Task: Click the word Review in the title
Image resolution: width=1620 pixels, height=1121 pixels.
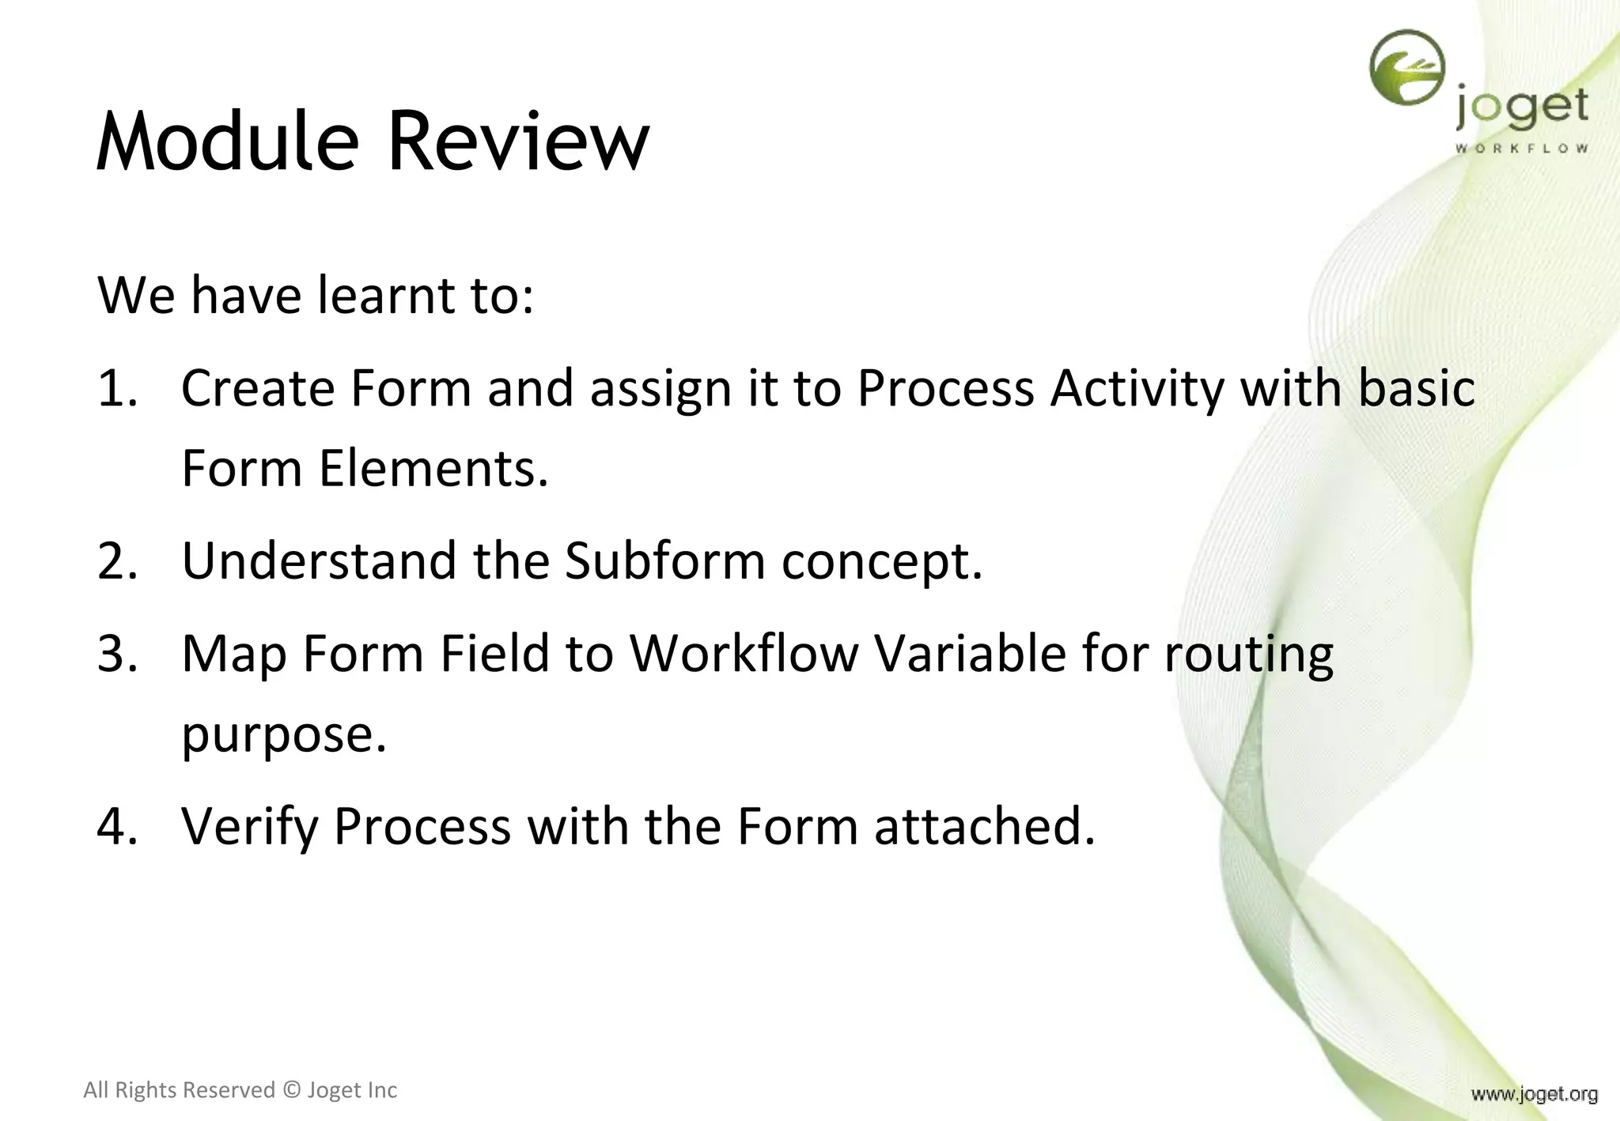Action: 517,142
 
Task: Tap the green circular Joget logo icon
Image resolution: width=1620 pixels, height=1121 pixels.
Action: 1406,68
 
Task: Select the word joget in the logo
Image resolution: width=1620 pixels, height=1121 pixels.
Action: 1521,108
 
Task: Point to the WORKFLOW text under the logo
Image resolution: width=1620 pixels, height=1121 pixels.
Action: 1521,148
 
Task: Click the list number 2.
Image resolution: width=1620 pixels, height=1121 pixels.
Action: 117,561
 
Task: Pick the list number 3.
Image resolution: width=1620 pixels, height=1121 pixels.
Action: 117,655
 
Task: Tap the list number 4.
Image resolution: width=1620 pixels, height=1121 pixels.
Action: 117,826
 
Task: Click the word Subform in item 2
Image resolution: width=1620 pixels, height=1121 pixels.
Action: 664,561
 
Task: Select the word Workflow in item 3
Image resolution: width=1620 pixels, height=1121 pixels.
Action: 744,655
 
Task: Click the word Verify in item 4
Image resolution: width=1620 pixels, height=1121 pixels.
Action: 248,828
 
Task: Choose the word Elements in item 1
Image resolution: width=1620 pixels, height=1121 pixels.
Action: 433,469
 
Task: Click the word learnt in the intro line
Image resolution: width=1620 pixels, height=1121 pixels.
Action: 385,296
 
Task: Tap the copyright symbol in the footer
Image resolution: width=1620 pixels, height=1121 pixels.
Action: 291,1090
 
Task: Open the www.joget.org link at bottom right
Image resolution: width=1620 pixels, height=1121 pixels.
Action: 1534,1094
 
